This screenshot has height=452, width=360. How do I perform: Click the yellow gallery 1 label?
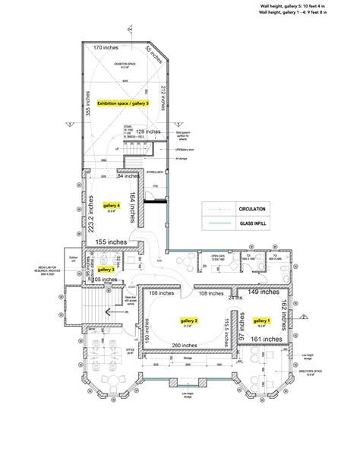[x=261, y=321]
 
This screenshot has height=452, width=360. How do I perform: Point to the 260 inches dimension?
[x=186, y=345]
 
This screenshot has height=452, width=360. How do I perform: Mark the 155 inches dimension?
[x=112, y=242]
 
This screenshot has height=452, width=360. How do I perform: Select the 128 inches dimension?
[x=149, y=131]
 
